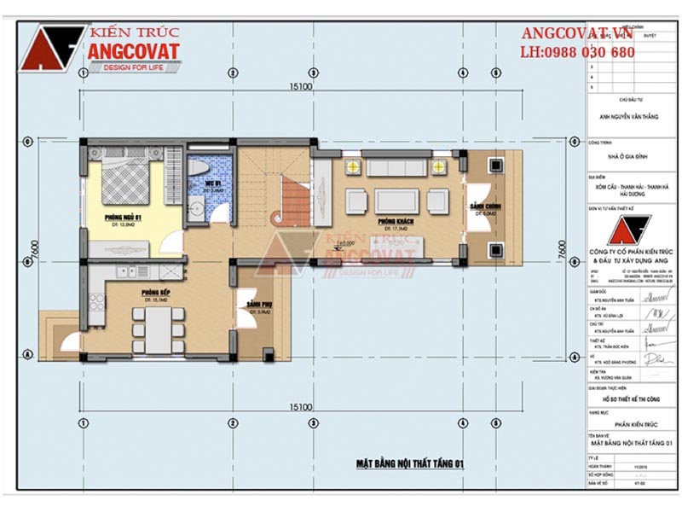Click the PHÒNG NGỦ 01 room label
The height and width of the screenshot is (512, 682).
coord(121,218)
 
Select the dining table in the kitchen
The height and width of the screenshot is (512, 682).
coord(156,329)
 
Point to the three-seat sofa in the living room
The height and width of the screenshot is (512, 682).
coord(397,165)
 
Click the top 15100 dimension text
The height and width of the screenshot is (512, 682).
coord(301,87)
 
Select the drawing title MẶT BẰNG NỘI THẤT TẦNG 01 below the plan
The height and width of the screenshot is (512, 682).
coord(409,463)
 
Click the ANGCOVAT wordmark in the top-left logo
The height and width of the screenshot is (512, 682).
coord(134,52)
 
